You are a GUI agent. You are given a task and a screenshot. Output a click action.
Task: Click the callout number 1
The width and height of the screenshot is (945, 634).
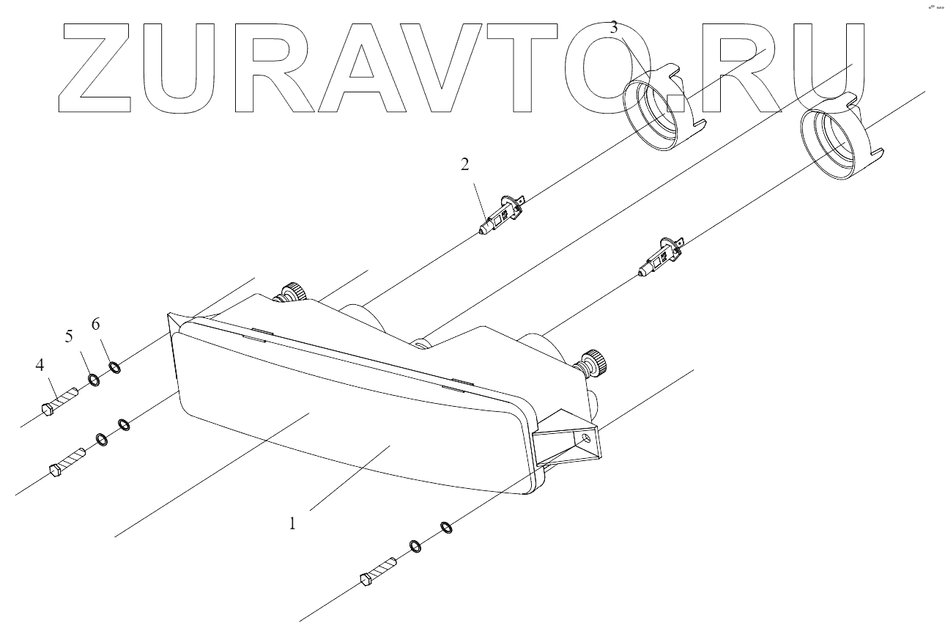click(292, 524)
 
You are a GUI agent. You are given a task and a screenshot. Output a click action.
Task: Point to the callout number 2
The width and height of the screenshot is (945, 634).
click(464, 164)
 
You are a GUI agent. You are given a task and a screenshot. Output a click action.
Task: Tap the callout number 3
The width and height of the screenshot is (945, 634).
click(614, 28)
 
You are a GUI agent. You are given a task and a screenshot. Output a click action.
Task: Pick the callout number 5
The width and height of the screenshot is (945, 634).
click(70, 336)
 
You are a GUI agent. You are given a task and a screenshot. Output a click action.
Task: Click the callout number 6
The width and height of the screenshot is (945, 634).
click(95, 323)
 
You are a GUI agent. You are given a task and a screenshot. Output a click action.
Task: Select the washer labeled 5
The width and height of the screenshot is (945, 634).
click(94, 380)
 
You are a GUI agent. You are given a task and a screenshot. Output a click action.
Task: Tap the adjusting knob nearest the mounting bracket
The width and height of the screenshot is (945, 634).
click(594, 361)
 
